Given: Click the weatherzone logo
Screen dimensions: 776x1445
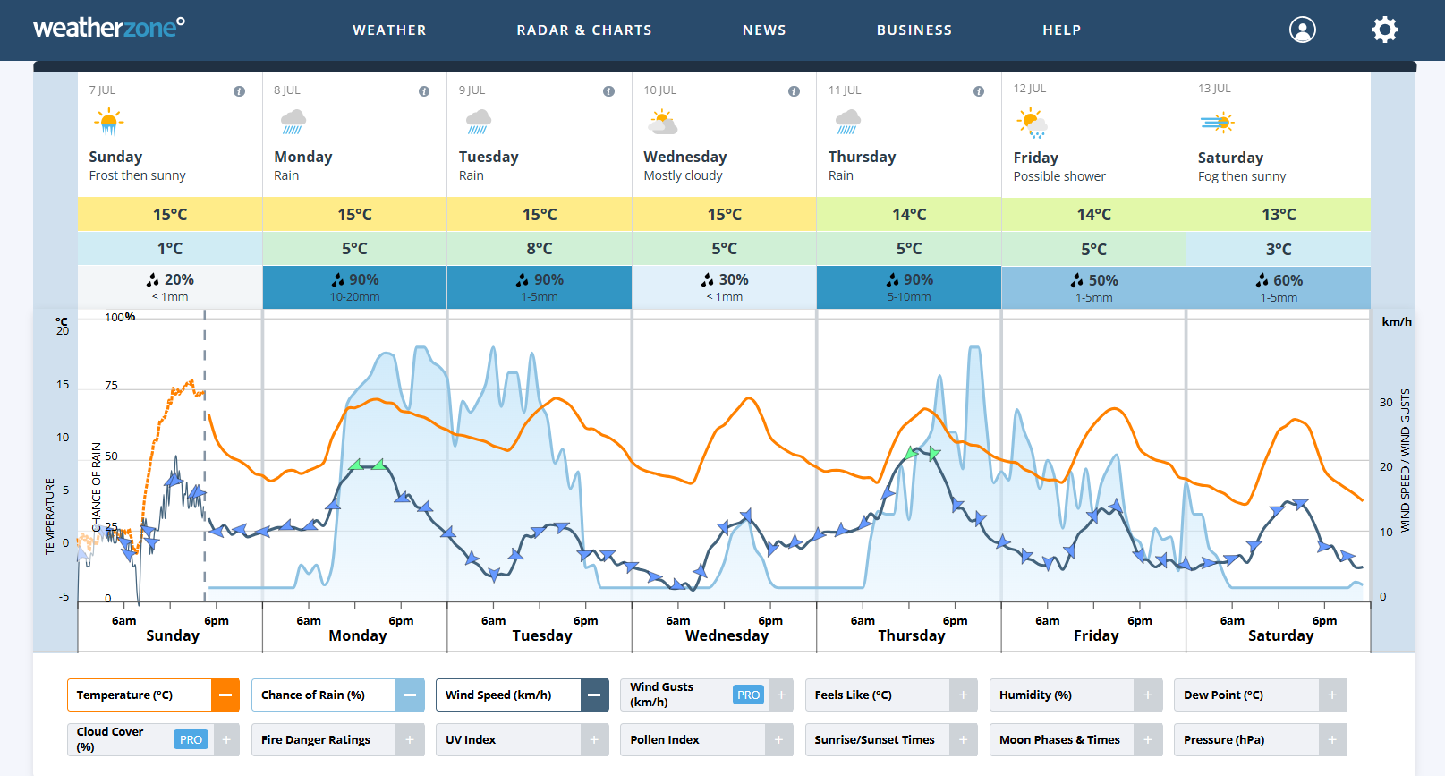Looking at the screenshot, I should click(x=109, y=28).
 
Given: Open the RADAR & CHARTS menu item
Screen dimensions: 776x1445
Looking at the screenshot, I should click(x=584, y=30).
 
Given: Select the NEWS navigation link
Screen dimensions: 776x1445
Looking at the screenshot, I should click(x=764, y=30).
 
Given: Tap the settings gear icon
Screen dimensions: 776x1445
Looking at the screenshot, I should click(x=1384, y=30).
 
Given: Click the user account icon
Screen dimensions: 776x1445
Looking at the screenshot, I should click(x=1302, y=30).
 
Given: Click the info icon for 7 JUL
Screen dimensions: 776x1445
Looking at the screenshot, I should click(x=239, y=91).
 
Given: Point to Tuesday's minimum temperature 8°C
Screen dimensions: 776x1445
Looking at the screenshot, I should click(x=540, y=249).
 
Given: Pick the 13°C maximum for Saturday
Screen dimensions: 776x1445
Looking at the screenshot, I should click(x=1279, y=215).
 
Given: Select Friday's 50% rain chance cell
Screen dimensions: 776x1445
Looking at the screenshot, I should click(x=1093, y=287).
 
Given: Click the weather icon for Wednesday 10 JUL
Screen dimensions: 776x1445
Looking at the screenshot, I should click(x=663, y=122).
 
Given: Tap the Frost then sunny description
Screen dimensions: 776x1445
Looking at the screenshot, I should click(x=138, y=175).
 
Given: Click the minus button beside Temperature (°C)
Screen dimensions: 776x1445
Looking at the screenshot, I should click(x=225, y=695).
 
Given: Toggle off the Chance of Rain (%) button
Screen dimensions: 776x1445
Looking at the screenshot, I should click(x=410, y=695).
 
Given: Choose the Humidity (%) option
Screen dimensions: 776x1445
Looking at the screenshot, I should click(x=1061, y=695).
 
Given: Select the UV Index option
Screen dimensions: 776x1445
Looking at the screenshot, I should click(x=507, y=740).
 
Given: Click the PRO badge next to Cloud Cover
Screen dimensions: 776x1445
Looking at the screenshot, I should click(x=191, y=740).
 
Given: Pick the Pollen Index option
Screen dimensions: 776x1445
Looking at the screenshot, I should click(x=692, y=740).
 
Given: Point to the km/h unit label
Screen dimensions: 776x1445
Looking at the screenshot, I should click(x=1396, y=322).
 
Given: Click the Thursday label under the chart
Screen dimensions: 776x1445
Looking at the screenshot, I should click(x=911, y=635).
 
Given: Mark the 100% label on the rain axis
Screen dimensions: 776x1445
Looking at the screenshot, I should click(x=120, y=317).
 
